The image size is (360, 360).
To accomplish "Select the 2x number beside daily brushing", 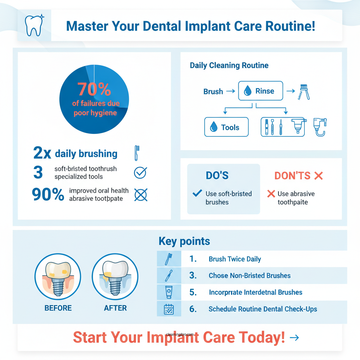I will point(42,153).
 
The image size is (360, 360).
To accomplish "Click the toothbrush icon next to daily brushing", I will point(136,153).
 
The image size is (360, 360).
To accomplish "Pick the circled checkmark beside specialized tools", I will point(141,172).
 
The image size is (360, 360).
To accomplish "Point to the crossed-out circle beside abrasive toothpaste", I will point(141,194).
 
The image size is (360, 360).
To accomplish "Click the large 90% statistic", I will point(48,194).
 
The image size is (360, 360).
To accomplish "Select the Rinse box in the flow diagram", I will point(261,91).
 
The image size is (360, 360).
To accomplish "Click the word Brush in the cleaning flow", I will point(213,92).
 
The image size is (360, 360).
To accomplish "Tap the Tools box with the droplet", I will point(226,127).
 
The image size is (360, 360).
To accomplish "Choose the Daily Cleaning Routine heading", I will point(229,65).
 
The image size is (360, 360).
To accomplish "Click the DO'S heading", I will point(217,175).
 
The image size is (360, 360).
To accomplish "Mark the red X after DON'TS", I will point(319,176).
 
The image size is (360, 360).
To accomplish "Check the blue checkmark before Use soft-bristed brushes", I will point(197,193).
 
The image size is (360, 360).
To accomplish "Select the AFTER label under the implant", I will point(115,308).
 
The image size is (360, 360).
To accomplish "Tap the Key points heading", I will point(184,241).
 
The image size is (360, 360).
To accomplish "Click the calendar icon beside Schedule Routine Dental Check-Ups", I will point(169,309).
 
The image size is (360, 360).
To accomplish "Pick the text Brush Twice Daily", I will point(234,259).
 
